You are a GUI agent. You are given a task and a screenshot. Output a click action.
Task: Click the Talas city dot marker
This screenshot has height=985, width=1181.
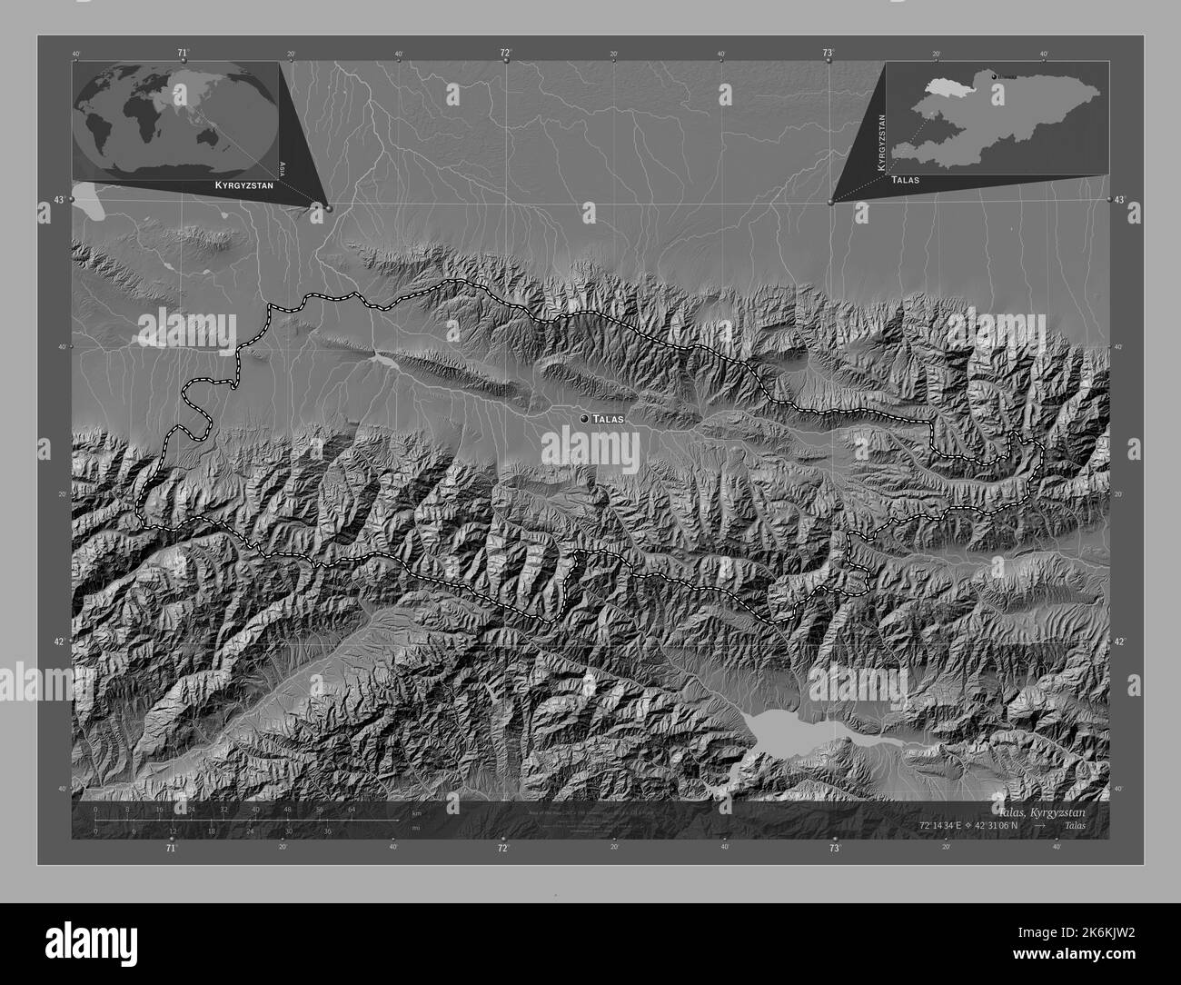point(582,418)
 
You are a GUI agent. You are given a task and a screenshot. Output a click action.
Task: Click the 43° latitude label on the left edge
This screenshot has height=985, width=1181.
point(58,200)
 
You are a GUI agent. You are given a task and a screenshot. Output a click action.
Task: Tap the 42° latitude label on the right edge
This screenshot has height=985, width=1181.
point(1121,642)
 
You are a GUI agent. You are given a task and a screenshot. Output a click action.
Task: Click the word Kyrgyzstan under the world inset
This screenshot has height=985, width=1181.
point(241,185)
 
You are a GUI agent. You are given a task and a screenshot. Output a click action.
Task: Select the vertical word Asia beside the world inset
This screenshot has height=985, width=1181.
point(283,167)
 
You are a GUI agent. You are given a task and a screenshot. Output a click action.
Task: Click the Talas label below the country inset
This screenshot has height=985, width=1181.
point(906,180)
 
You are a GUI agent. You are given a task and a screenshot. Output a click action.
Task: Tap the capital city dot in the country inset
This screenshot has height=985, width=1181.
point(995,75)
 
